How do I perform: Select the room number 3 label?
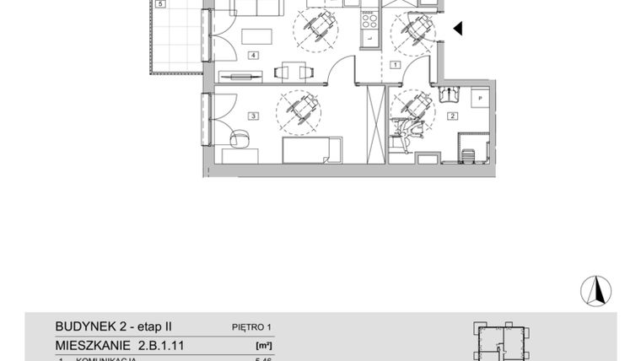click(251, 116)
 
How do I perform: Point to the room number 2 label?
click(452, 116)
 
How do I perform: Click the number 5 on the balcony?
click(159, 4)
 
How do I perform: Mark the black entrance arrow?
click(458, 30)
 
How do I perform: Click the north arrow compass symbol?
click(595, 290)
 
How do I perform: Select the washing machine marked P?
click(479, 100)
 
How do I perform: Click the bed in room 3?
click(311, 152)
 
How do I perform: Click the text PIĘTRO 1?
click(252, 327)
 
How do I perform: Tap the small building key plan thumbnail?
click(504, 343)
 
